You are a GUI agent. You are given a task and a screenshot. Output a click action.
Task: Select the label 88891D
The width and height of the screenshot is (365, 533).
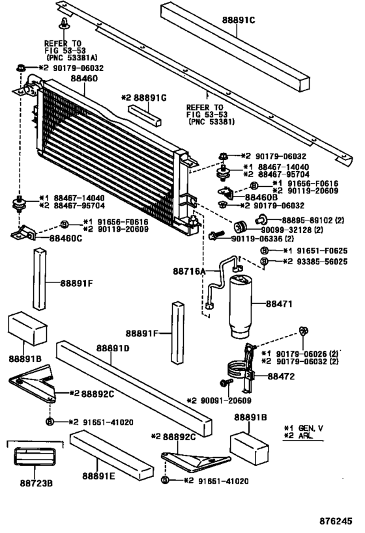(x=115, y=348)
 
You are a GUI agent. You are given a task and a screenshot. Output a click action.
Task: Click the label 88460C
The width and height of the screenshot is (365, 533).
(x=66, y=239)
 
